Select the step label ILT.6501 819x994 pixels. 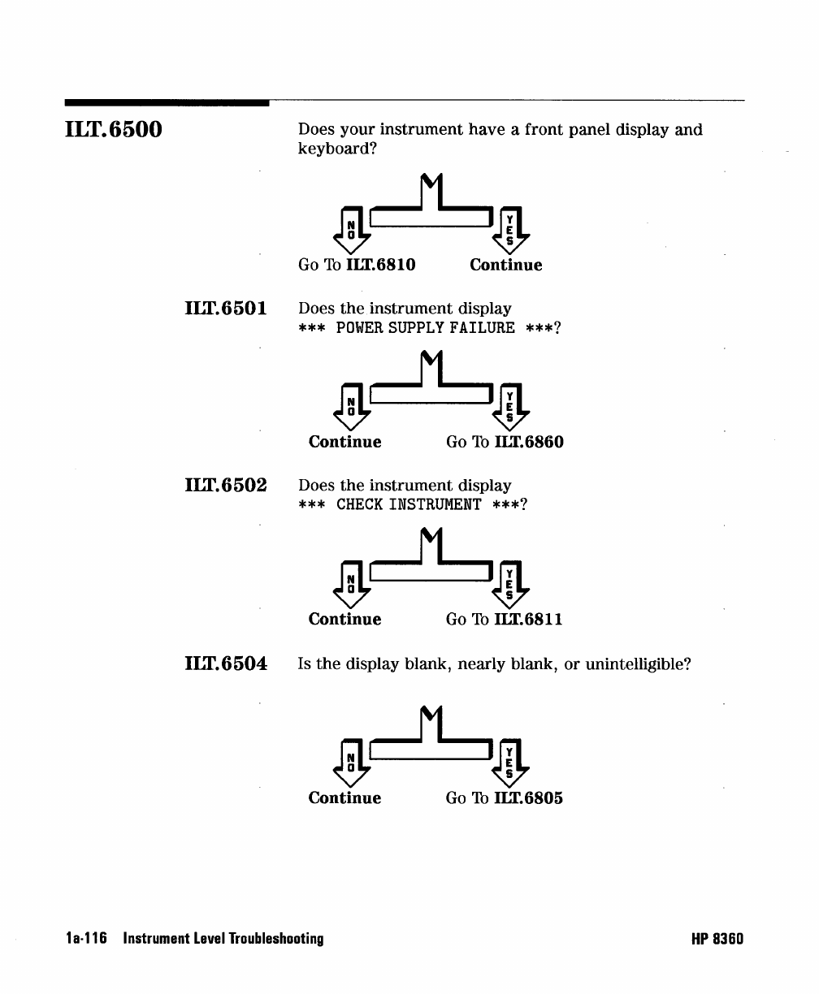coord(227,309)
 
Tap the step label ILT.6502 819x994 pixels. coord(227,486)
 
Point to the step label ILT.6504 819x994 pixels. coord(227,664)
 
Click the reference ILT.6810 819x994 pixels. coord(381,266)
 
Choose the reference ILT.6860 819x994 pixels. coord(528,443)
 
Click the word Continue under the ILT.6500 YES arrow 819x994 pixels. coord(505,266)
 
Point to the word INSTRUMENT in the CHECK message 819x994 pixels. coord(435,505)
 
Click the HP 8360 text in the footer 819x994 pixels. coord(717,940)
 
